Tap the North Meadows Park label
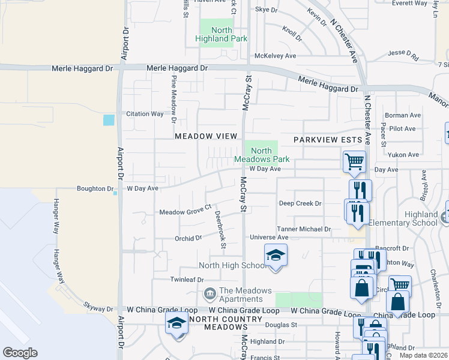(x=262, y=155)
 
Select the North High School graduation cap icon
(x=276, y=256)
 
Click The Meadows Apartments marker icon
(x=210, y=293)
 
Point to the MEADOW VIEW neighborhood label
(x=206, y=136)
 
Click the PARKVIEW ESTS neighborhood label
(x=328, y=140)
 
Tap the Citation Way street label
(x=145, y=113)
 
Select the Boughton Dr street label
(x=91, y=188)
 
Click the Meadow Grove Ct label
(x=186, y=212)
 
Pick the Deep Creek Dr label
(x=300, y=203)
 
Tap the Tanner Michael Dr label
(x=304, y=229)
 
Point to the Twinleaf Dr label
(x=187, y=280)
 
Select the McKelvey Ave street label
(x=276, y=56)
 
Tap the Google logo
(x=20, y=353)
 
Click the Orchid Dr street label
(x=188, y=238)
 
